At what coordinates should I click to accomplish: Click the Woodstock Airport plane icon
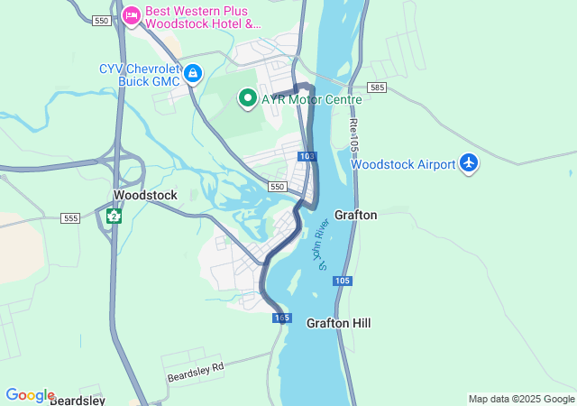[468, 163]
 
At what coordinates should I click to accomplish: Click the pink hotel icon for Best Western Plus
[132, 15]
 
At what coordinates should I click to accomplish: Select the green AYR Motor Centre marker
[248, 98]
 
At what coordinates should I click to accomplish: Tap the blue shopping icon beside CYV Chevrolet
[193, 73]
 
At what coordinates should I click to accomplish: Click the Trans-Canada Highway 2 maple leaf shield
[114, 216]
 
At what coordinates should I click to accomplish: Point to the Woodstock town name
[145, 195]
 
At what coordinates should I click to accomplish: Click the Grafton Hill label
[338, 323]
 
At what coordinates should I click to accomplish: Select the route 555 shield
[70, 218]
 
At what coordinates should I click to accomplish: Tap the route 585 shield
[377, 88]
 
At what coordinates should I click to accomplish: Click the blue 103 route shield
[307, 156]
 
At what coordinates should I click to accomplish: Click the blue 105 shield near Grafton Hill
[341, 281]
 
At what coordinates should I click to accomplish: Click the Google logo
[30, 395]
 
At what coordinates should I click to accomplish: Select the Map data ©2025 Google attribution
[521, 399]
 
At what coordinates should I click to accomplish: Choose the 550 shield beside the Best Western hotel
[101, 20]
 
